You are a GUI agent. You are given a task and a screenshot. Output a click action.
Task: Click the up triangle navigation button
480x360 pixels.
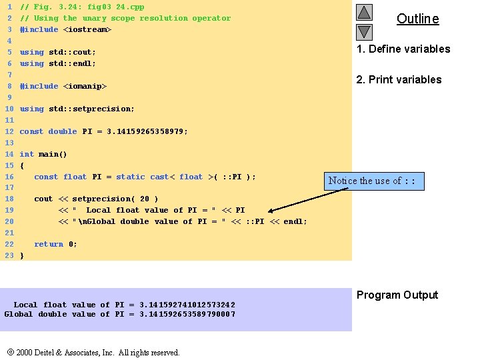(364, 12)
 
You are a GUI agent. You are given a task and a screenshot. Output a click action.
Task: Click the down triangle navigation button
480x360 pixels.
(364, 31)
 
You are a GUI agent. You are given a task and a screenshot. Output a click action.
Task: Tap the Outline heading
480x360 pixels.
(417, 19)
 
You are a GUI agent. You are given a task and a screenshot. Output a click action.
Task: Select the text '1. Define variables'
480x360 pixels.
(403, 49)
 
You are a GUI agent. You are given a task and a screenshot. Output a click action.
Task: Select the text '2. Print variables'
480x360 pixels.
(399, 79)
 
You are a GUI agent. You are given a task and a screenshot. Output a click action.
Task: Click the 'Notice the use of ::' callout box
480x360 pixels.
(374, 181)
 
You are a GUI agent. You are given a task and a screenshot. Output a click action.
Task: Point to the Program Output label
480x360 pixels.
(397, 295)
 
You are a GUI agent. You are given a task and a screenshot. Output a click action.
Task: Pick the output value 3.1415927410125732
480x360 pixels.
(187, 305)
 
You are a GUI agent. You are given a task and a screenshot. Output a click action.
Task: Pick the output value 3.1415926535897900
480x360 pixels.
(187, 314)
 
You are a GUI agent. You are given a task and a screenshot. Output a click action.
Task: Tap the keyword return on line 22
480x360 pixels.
(49, 244)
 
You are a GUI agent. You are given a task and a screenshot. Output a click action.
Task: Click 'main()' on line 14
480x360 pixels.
(53, 154)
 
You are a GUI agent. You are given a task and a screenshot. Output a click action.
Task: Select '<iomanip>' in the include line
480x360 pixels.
(85, 86)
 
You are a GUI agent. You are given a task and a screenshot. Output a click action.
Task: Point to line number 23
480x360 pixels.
(9, 255)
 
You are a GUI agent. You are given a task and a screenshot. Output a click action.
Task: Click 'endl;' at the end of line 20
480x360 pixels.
(295, 221)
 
